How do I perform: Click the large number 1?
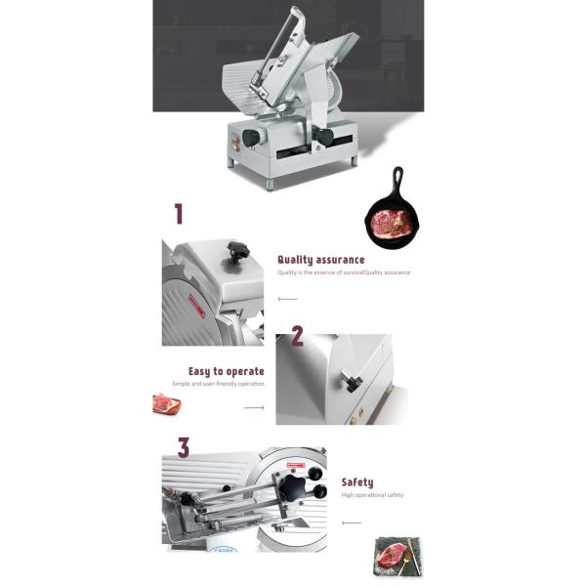pyautogui.click(x=179, y=214)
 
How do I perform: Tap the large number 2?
pyautogui.click(x=297, y=337)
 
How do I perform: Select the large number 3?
pyautogui.click(x=183, y=447)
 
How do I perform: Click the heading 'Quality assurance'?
pyautogui.click(x=320, y=260)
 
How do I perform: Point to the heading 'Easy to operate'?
pyautogui.click(x=226, y=371)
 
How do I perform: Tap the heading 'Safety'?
pyautogui.click(x=356, y=482)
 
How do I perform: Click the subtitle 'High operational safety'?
pyautogui.click(x=372, y=495)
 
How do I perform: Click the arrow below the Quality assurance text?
pyautogui.click(x=287, y=299)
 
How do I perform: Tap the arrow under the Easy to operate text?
pyautogui.click(x=254, y=408)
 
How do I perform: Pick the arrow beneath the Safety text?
pyautogui.click(x=352, y=523)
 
